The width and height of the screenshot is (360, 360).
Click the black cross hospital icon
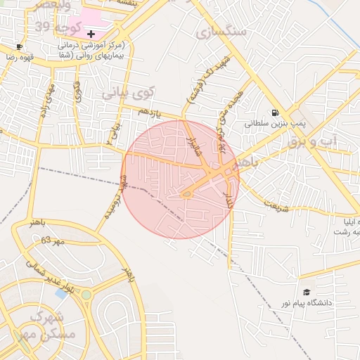91,34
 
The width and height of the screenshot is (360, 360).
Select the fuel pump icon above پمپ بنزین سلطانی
274,112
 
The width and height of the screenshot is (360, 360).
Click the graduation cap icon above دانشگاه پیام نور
307,292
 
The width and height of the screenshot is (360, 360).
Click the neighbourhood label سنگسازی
221,32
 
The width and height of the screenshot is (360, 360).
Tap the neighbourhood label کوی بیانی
127,92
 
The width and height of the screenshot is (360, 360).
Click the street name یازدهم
149,112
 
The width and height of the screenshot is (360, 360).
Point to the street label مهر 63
52,240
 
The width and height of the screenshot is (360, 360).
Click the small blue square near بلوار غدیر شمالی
61,293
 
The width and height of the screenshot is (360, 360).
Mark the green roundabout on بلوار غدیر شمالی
86,295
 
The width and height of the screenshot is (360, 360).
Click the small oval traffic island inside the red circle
187,195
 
